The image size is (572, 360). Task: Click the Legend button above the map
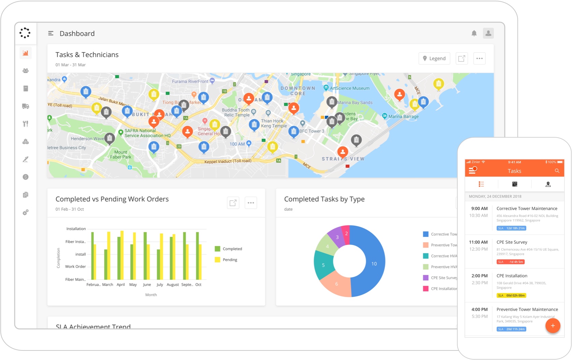coord(434,58)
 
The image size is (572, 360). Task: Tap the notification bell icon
coord(474,33)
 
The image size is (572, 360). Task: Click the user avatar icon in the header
coord(488,33)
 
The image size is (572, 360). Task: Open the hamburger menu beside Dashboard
coord(51,33)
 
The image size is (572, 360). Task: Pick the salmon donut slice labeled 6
coord(336,283)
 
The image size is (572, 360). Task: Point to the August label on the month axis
coord(173,285)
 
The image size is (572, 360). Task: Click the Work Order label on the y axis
coord(75,266)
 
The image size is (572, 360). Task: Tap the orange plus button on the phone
coord(552,326)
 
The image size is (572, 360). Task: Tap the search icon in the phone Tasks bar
coord(557,171)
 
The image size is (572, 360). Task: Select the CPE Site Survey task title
coord(512,242)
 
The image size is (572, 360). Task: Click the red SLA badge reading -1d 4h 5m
coord(510,262)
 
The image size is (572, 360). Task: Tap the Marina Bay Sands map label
coord(355,102)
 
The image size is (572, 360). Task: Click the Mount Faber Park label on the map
coord(120,155)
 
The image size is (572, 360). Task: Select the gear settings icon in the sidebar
coord(26,212)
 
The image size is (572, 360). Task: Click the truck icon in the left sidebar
coord(26,106)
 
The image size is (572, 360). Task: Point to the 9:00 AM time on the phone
coord(479,208)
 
